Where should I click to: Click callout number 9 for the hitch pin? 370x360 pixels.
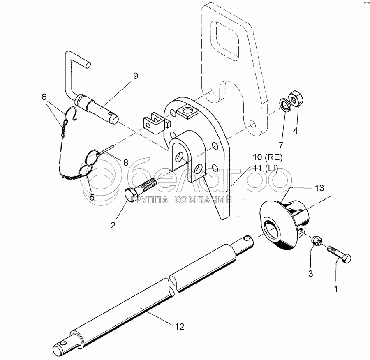[135, 76]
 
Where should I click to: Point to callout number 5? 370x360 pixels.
[92, 197]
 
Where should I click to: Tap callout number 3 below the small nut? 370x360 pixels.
[311, 273]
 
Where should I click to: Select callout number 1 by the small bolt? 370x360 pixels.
[336, 289]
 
